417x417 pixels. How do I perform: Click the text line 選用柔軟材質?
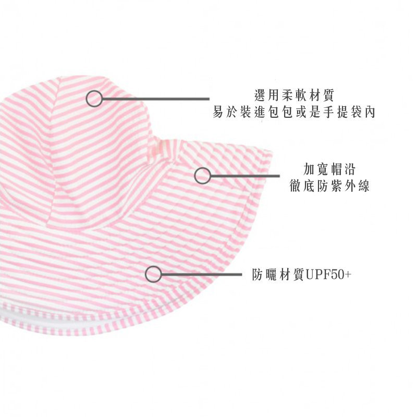(x=294, y=96)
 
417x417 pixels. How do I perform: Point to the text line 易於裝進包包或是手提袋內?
(x=294, y=112)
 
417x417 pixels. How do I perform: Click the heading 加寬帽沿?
(x=329, y=169)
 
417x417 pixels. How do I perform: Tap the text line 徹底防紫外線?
(x=329, y=186)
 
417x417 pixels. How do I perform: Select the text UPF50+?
(x=328, y=275)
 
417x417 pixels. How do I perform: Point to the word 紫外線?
(x=350, y=186)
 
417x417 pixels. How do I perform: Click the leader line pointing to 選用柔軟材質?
(x=156, y=99)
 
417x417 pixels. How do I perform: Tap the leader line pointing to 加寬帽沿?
(x=245, y=176)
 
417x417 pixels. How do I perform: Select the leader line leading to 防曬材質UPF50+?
(x=201, y=275)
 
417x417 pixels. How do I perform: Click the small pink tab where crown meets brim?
(x=159, y=150)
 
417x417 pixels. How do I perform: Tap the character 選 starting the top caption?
(x=260, y=96)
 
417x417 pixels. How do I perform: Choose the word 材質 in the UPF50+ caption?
(x=292, y=275)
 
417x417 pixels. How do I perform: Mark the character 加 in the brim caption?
(x=309, y=169)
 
